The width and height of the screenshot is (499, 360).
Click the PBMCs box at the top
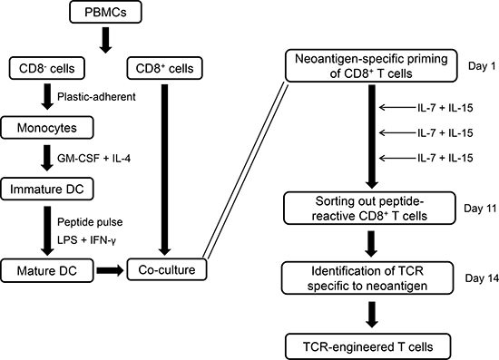[105, 12]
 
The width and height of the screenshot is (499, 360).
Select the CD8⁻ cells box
[47, 68]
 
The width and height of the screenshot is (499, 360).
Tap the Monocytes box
[47, 128]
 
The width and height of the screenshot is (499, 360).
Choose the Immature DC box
[47, 189]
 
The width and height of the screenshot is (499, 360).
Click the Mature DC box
[47, 270]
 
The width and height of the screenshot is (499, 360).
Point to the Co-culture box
[166, 269]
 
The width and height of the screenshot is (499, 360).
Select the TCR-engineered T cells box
[367, 346]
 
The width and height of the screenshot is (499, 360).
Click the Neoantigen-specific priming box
[371, 66]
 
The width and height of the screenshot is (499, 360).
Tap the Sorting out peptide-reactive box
[369, 209]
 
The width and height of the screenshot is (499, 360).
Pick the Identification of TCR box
[367, 278]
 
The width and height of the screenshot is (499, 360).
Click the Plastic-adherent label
[96, 97]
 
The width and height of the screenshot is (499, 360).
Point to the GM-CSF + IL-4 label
[93, 158]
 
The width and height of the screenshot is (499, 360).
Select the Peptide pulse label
[90, 221]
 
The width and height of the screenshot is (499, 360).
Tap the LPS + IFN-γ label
[86, 240]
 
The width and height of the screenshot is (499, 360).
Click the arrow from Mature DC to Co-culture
[110, 270]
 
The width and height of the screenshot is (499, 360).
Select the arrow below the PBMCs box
[105, 40]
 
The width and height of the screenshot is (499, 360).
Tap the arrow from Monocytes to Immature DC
[47, 158]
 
